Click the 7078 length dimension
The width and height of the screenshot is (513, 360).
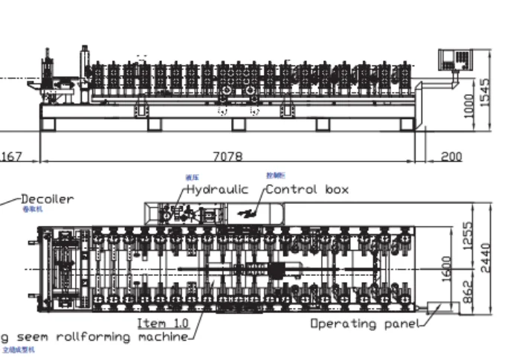coord(227,157)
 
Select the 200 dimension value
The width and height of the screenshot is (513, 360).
coord(451,157)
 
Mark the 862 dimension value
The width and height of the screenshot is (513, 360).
coord(468,292)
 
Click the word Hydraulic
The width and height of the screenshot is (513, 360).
coord(217,190)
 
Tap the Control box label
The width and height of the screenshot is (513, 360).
coord(307,190)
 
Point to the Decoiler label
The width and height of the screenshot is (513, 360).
coord(47,199)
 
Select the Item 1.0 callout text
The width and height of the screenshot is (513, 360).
coord(163,324)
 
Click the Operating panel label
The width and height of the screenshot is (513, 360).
coord(364,324)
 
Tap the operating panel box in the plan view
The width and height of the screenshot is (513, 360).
coord(442,306)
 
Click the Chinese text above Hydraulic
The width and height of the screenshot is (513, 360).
coord(192,177)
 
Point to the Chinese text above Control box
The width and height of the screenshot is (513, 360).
coord(274,176)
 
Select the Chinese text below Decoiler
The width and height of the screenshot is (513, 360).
coord(33,210)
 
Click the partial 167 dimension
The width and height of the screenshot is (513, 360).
coord(10,157)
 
